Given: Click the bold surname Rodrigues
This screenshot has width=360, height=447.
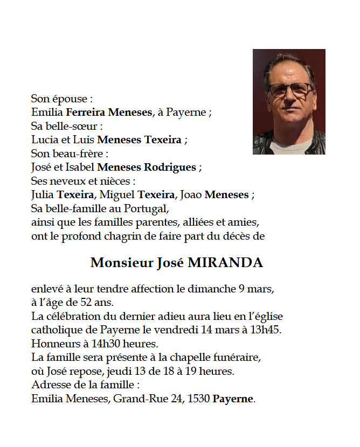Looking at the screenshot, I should tap(169, 167).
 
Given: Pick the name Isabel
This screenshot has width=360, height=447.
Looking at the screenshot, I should tap(79, 167).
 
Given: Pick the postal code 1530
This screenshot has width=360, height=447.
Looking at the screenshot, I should tap(198, 399).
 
